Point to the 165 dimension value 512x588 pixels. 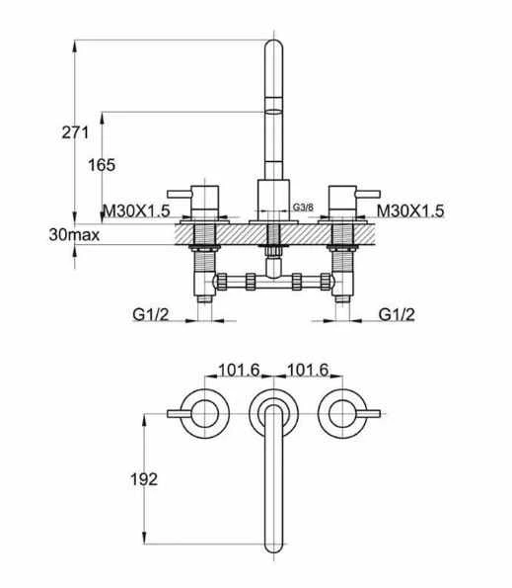click(103, 165)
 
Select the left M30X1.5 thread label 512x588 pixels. click(138, 210)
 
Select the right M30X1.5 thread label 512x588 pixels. click(410, 210)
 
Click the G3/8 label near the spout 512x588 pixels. click(304, 207)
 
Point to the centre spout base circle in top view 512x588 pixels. click(273, 408)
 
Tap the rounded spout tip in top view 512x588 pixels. click(273, 545)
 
